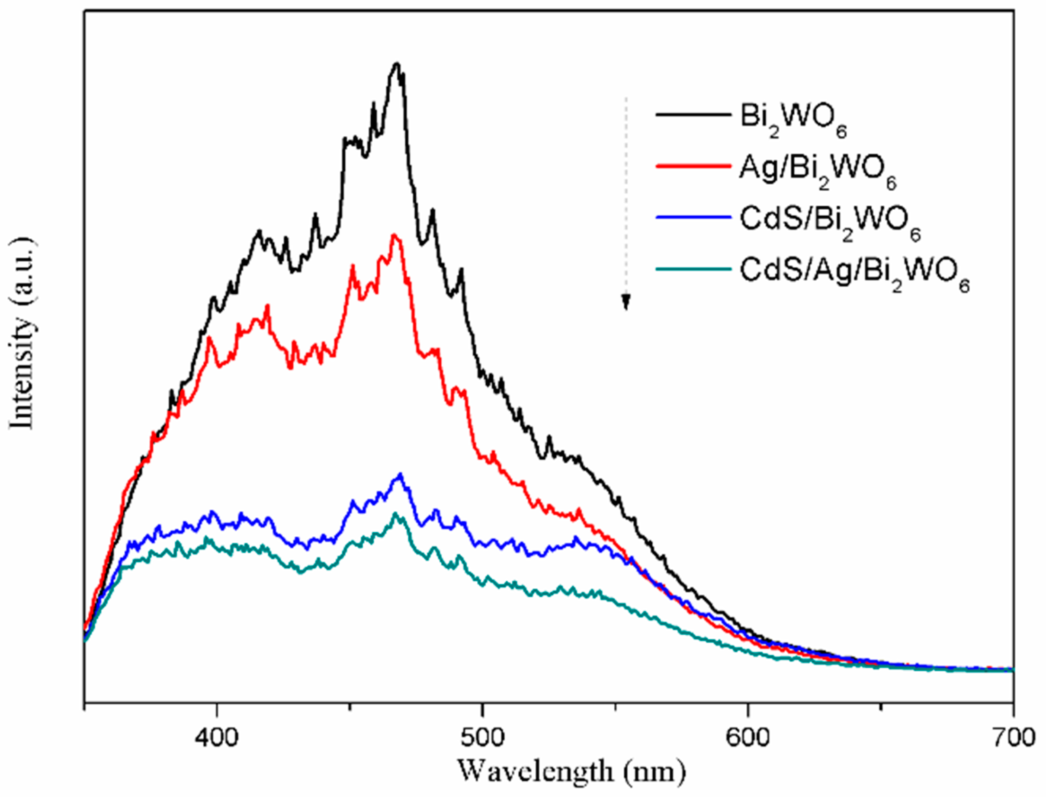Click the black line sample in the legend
(693, 115)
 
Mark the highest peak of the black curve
(397, 63)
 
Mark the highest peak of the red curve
(394, 235)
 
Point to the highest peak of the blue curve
(401, 474)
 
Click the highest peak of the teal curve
(395, 513)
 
